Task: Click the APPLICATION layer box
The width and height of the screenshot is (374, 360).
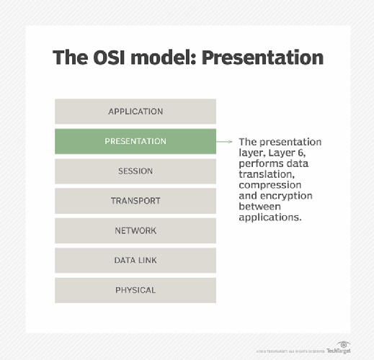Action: click(x=135, y=112)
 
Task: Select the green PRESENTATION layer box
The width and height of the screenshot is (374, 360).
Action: click(x=135, y=141)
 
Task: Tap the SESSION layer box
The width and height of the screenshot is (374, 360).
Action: click(x=135, y=171)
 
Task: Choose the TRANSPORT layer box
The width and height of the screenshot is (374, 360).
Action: click(x=135, y=201)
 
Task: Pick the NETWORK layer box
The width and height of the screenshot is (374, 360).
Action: click(x=135, y=231)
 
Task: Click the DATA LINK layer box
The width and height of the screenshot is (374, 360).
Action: click(x=135, y=261)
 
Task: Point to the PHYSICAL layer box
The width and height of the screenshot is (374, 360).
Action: click(x=135, y=290)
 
